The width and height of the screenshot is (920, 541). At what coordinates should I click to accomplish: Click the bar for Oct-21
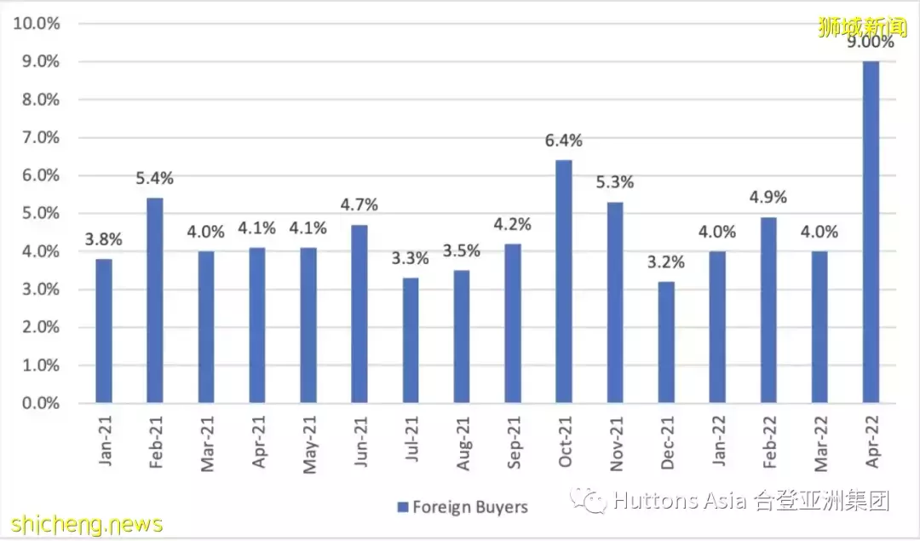[564, 281]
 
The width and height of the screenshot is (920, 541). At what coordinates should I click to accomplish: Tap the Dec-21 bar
[666, 342]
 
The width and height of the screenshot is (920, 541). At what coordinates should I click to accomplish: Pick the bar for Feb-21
[155, 300]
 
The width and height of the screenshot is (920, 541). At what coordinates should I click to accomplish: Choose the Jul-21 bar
[411, 340]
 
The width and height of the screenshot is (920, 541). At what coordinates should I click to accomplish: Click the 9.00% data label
[871, 42]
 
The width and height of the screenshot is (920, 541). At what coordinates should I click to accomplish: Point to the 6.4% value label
[564, 141]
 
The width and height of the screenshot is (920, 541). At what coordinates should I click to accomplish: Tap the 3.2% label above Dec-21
[666, 262]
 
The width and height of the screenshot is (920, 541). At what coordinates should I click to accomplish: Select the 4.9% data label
[768, 198]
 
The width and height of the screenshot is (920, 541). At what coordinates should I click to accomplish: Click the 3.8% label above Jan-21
[104, 239]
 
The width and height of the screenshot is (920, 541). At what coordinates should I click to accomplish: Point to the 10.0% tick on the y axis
[36, 24]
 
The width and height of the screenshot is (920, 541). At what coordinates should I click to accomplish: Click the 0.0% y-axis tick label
[40, 403]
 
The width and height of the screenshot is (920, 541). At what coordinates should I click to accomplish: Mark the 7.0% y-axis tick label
[40, 137]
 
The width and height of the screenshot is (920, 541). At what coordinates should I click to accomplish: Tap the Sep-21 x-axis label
[514, 441]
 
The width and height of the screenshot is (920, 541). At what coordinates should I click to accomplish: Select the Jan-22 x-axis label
[718, 441]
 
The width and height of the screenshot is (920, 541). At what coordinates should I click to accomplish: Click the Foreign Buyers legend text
[470, 507]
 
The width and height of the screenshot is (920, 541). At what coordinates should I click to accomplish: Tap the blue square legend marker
[402, 507]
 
